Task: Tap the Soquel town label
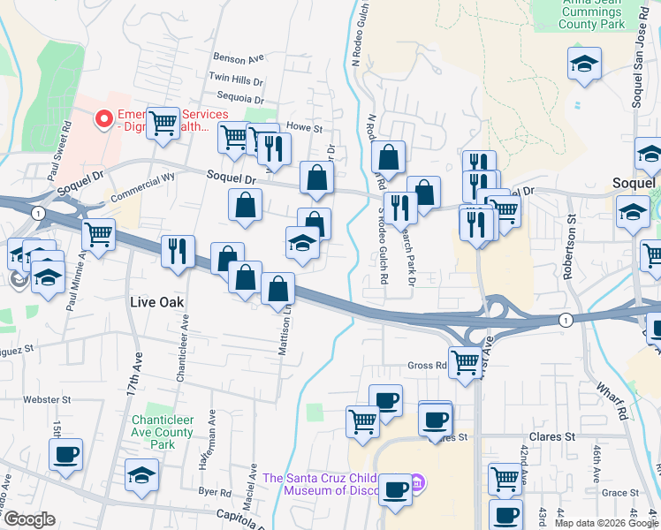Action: click(x=635, y=183)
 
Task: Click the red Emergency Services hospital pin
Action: click(x=103, y=117)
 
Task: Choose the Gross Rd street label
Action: click(x=427, y=366)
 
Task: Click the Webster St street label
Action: click(x=46, y=400)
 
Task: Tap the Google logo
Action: click(x=28, y=519)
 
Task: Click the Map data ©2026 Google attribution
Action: click(x=606, y=523)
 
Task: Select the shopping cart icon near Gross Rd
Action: click(x=465, y=360)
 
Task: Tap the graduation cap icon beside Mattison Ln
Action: click(x=302, y=243)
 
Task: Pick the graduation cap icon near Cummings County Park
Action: click(x=585, y=64)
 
